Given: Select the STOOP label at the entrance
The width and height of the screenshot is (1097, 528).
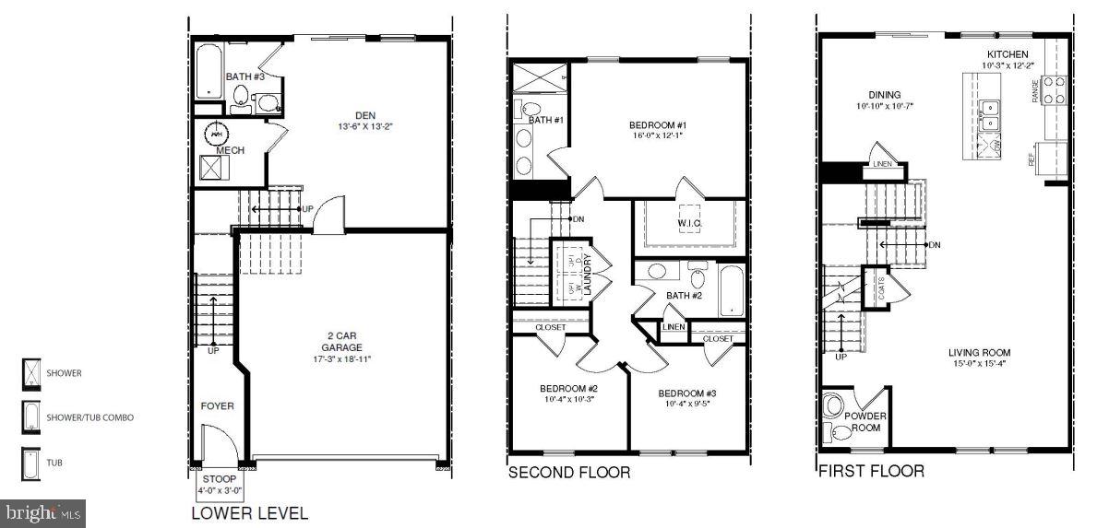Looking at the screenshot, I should point(219,479).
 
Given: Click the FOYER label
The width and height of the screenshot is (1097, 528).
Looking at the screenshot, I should point(218,405).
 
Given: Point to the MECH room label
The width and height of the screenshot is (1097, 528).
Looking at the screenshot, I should point(230,150).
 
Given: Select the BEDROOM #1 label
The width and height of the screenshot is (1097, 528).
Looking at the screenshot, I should point(659,124).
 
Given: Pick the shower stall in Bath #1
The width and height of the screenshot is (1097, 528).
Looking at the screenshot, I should point(537,79).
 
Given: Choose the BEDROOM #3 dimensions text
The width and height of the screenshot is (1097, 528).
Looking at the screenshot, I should point(686,404).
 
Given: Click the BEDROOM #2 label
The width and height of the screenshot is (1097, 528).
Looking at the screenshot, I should point(568,388).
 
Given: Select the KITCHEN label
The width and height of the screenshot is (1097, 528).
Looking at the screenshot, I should point(1008,54).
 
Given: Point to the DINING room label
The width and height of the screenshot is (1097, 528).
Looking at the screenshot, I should point(884,94).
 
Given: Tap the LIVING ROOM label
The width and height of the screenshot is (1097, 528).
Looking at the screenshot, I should point(979,352).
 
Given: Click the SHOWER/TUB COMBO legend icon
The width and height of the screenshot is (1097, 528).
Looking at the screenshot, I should point(30,417).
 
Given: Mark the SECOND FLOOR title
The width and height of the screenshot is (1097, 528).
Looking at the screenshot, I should point(569,473).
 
